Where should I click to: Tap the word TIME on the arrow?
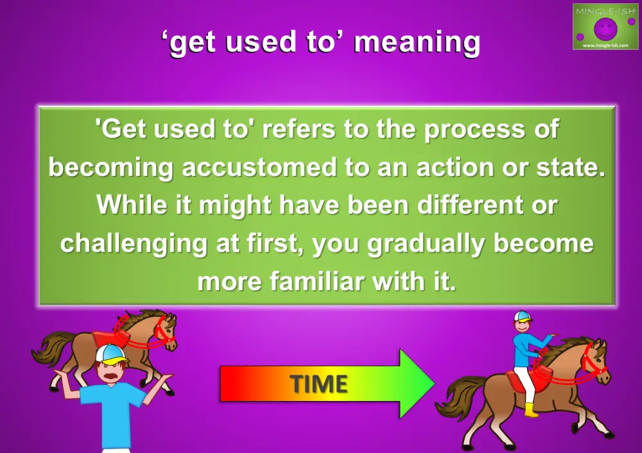point(318,384)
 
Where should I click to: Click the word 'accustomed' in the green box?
point(258,167)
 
